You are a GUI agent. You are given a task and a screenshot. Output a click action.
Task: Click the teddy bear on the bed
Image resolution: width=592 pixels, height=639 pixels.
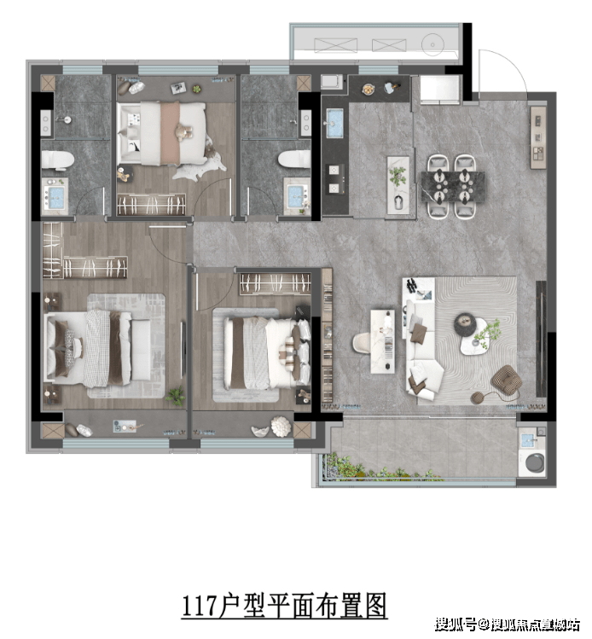[x=183, y=131]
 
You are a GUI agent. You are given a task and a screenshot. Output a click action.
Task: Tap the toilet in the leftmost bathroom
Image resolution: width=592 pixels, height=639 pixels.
[x=57, y=160]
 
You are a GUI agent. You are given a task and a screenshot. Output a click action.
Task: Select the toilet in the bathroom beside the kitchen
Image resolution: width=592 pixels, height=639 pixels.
[x=294, y=159]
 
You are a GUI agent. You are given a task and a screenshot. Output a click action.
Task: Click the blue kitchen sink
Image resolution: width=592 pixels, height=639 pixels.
[x=335, y=122]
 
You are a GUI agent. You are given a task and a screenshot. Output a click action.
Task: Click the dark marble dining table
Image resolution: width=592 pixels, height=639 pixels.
[x=453, y=186]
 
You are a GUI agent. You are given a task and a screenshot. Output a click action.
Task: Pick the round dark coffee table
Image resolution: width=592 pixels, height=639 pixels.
[x=465, y=324]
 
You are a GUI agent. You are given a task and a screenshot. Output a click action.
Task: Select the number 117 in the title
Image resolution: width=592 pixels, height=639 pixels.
[x=199, y=606]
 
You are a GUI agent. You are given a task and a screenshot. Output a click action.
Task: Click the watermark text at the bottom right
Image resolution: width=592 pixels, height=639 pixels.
[x=508, y=624]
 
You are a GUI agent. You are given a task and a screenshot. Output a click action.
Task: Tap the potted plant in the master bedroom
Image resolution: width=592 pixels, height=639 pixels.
[x=176, y=396]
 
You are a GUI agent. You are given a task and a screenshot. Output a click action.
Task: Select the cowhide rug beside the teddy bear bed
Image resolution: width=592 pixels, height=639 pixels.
[x=202, y=163]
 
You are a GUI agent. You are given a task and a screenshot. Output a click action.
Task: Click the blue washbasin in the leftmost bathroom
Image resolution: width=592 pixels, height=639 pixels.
[x=55, y=196]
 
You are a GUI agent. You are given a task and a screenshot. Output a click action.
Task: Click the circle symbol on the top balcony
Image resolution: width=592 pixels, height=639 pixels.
[x=432, y=44]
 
